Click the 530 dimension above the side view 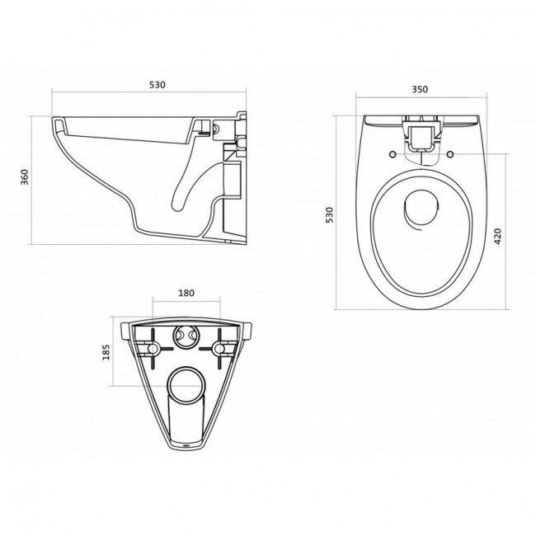[x=157, y=84]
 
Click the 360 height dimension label [x=25, y=177]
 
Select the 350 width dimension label [x=420, y=89]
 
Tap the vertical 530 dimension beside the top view [x=329, y=215]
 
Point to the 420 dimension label [x=497, y=236]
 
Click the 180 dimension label [x=186, y=293]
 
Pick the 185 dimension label [x=106, y=352]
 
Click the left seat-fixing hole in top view [x=393, y=154]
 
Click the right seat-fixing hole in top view [x=450, y=154]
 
